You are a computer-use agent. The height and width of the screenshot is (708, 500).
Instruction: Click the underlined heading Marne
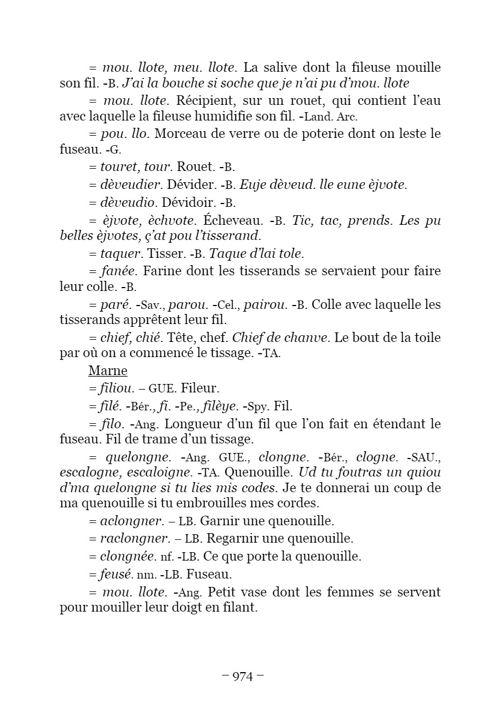(x=108, y=371)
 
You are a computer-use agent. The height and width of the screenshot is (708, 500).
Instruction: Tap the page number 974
(x=243, y=677)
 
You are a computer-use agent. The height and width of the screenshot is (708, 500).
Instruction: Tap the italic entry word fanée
(x=118, y=271)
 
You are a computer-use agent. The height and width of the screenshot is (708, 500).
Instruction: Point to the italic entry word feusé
(x=115, y=575)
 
